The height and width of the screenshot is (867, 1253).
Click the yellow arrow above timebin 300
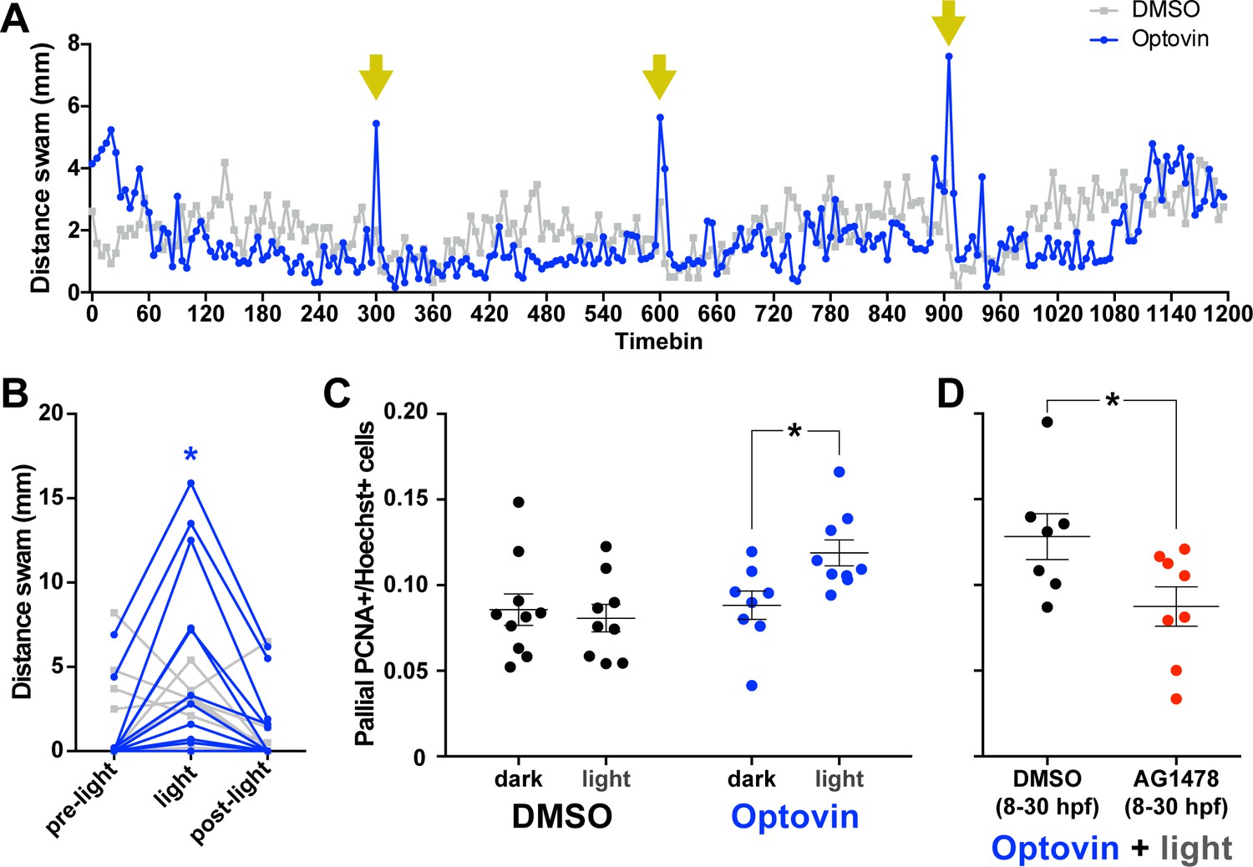[x=376, y=77]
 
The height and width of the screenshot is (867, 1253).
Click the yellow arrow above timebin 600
[x=660, y=77]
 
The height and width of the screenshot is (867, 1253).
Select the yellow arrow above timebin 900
[x=948, y=23]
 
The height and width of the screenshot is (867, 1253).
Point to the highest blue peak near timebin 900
[x=949, y=56]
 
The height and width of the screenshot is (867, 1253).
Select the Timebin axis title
[x=659, y=342]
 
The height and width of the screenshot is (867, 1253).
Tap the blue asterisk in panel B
[x=190, y=455]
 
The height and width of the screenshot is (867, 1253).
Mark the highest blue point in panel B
[x=190, y=483]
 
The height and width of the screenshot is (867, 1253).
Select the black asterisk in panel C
[x=794, y=432]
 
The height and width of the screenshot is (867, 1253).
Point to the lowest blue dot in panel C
[x=752, y=686]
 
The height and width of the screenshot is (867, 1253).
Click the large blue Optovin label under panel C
[x=794, y=817]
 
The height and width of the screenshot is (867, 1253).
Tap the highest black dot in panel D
[x=1048, y=423]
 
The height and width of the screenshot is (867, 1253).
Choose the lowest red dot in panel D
[x=1176, y=698]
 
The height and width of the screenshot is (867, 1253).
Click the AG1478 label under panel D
[x=1176, y=778]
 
